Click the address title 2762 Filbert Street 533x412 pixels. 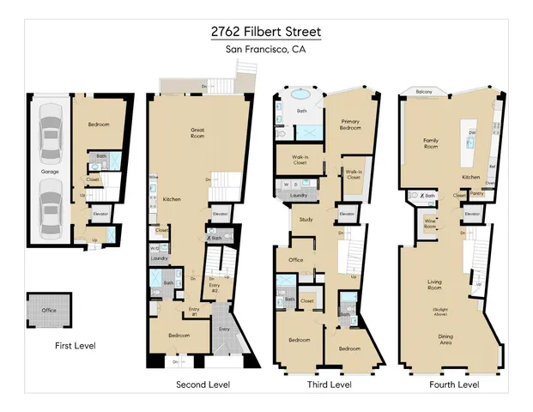coord(266,32)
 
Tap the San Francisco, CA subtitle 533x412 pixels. coord(266,50)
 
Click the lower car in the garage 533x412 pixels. coord(49,209)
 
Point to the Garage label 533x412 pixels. coord(50,172)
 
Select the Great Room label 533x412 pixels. coord(197,132)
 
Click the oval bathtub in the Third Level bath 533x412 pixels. coord(301,95)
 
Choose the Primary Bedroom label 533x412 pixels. coord(350,124)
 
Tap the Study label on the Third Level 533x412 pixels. coord(305,220)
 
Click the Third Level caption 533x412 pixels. coord(330,385)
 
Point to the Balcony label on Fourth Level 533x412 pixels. coord(423,92)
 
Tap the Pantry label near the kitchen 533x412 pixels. coord(475,194)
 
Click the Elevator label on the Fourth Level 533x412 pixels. coord(472,214)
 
